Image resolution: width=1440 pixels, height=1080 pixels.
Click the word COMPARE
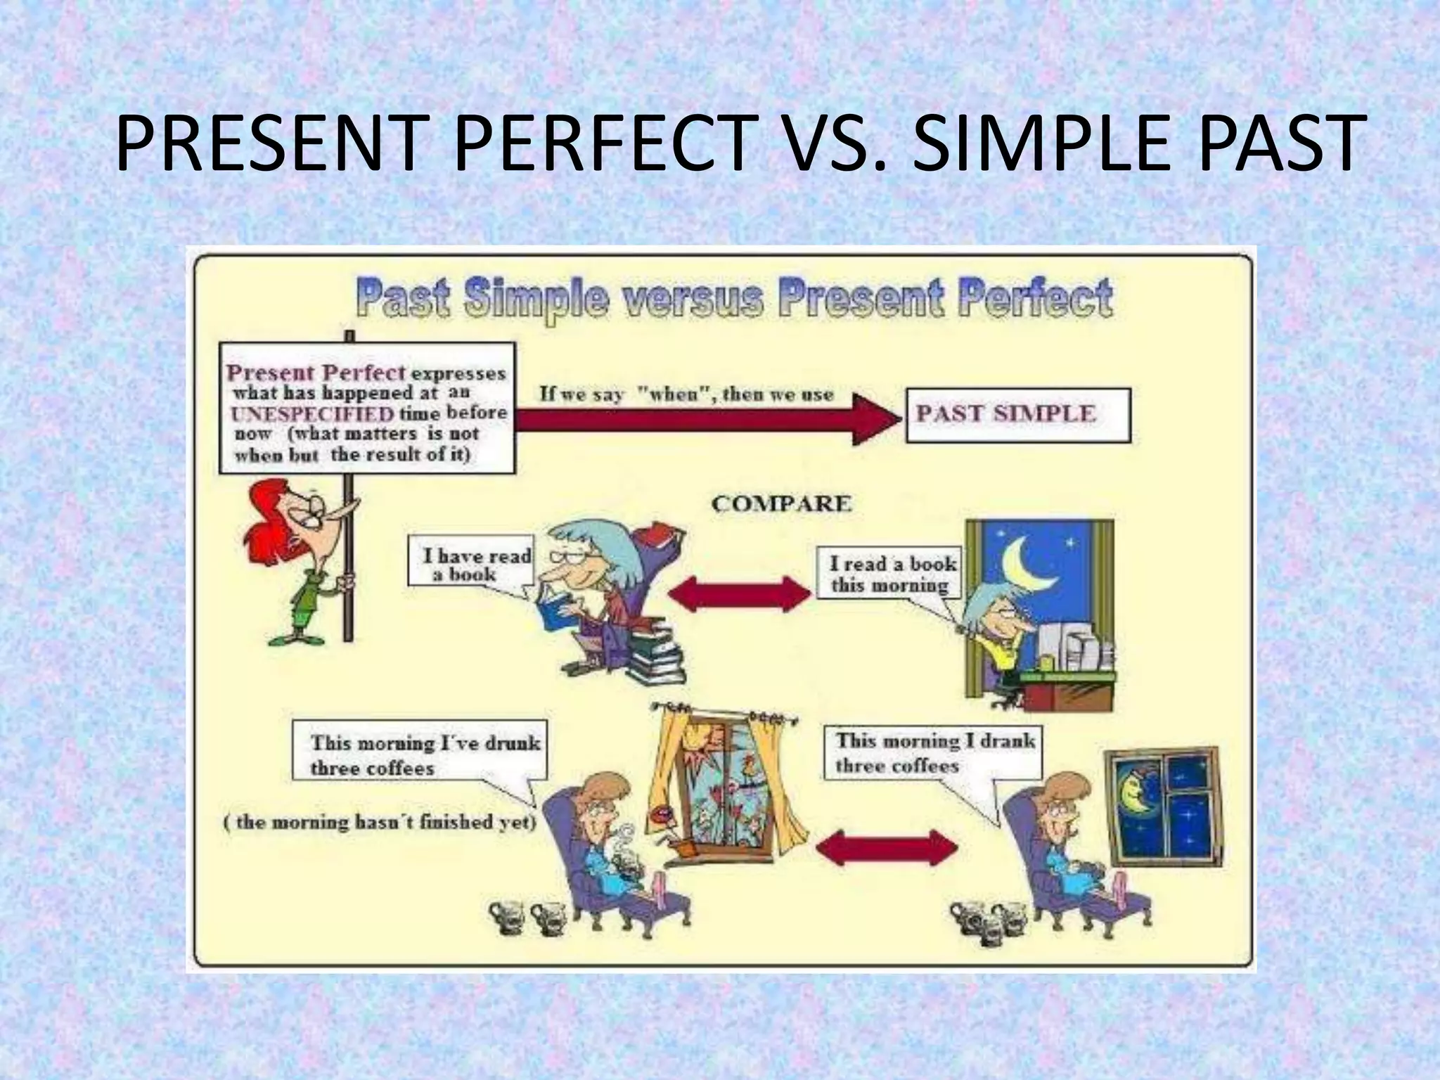pyautogui.click(x=781, y=503)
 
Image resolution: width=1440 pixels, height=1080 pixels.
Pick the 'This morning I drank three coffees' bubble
pyautogui.click(x=932, y=752)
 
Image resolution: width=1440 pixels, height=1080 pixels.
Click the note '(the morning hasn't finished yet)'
pyautogui.click(x=380, y=822)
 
